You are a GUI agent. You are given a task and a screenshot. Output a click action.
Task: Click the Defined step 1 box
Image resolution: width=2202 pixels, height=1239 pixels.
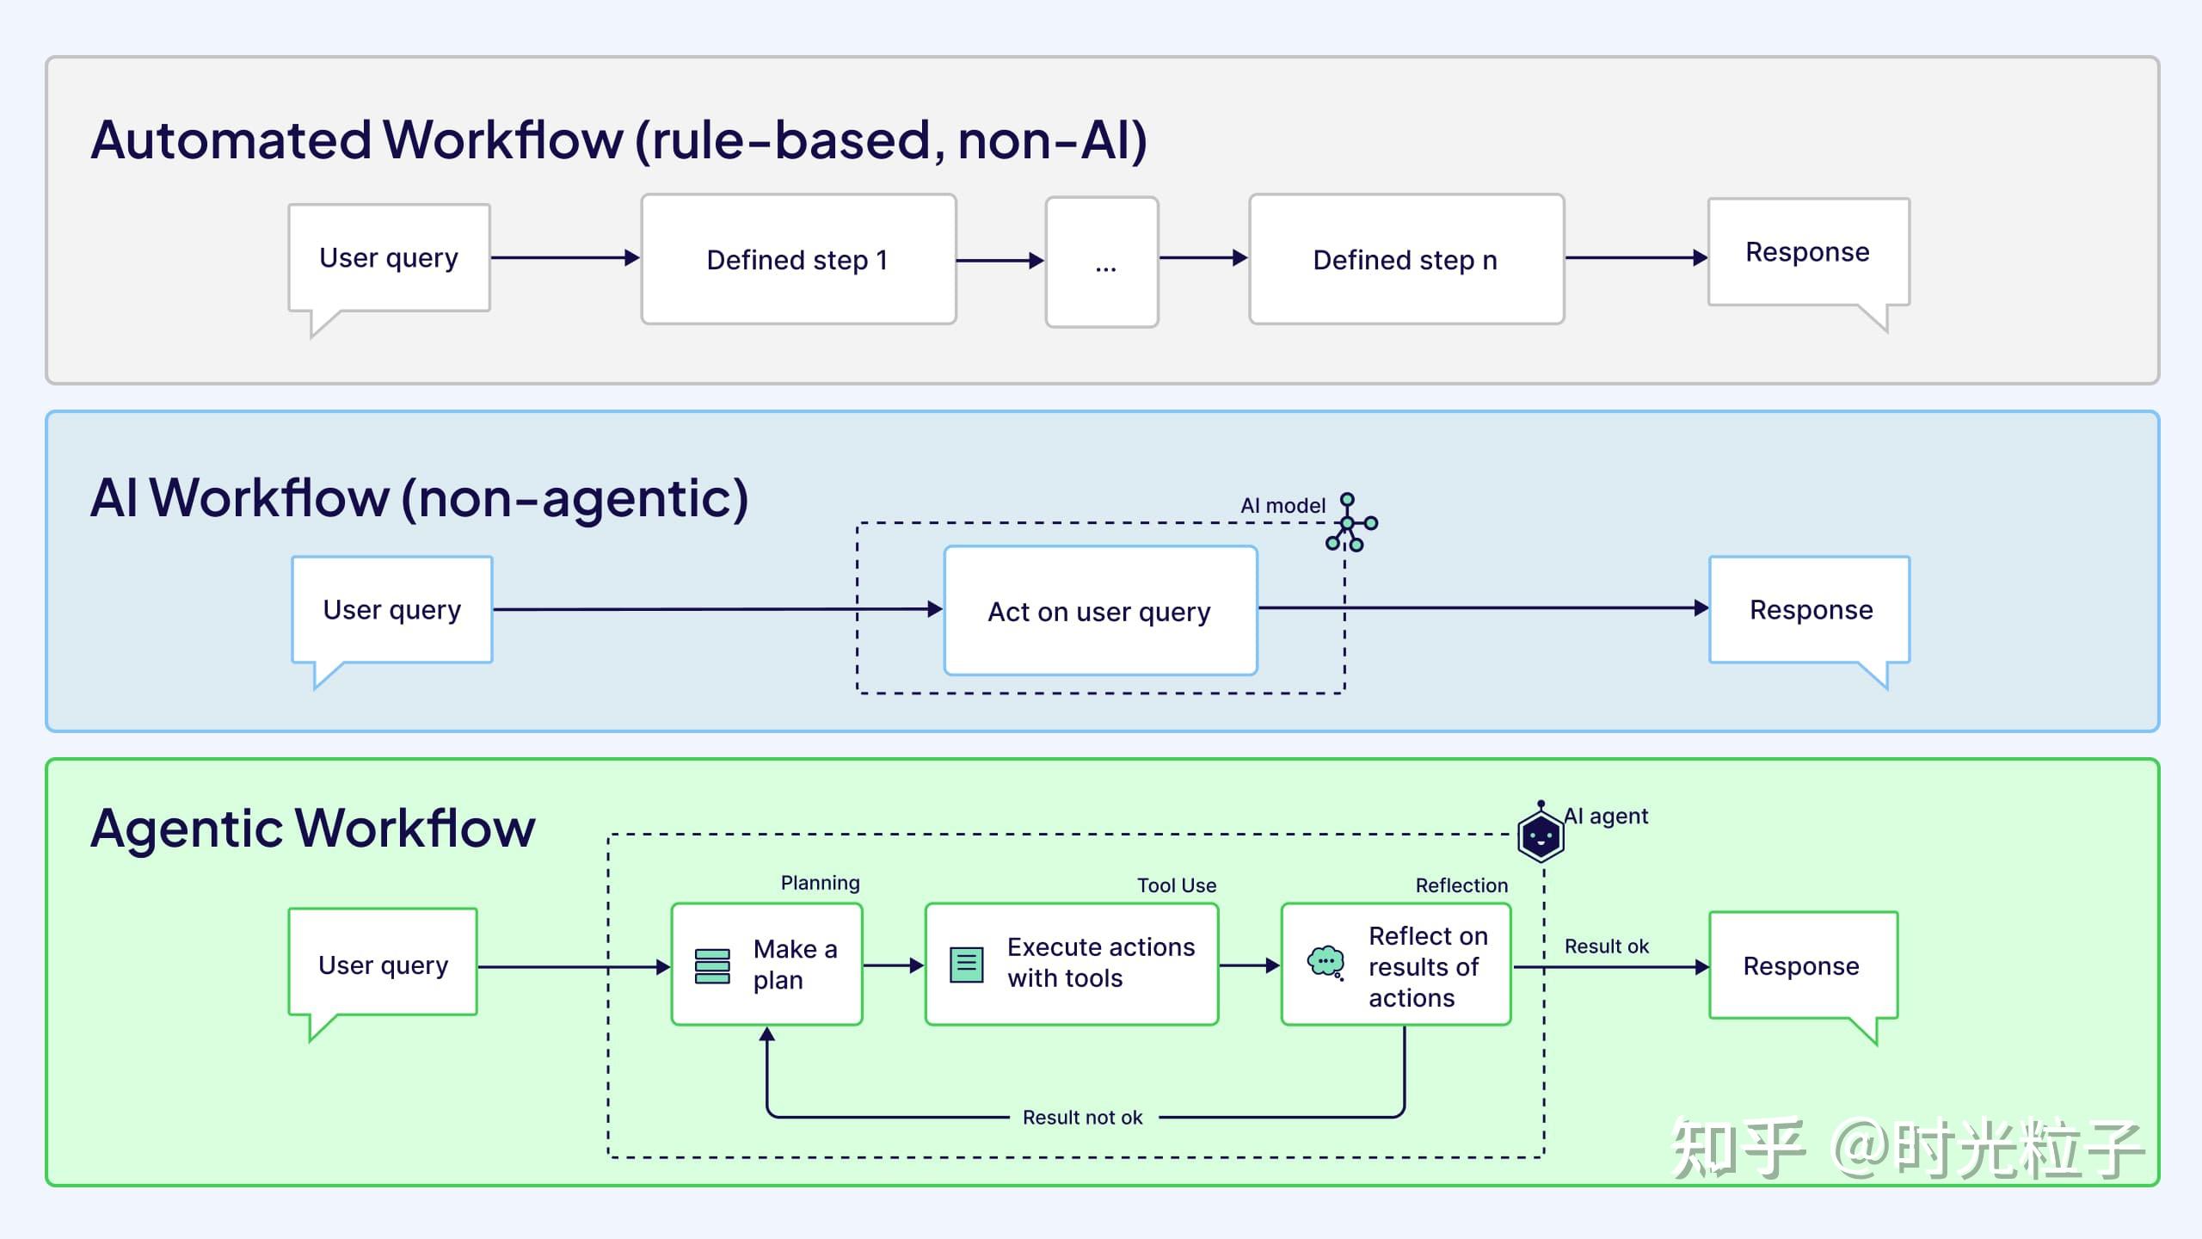pos(798,259)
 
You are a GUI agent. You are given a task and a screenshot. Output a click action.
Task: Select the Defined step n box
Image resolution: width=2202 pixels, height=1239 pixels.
pos(1405,259)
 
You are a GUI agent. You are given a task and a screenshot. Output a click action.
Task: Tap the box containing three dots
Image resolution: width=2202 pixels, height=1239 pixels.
pos(1102,262)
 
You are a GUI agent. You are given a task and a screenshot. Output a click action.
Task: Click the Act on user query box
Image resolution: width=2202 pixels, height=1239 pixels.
pos(1100,611)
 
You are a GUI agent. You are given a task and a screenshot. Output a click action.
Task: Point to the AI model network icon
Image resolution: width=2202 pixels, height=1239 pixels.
pos(1350,523)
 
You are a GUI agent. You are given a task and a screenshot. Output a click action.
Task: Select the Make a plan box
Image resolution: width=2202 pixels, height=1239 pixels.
pos(766,964)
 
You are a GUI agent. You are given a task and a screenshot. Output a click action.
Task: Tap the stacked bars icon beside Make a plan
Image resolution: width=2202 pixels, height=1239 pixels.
pos(712,966)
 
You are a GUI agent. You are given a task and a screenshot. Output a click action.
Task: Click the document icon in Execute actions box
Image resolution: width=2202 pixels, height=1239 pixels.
pos(966,965)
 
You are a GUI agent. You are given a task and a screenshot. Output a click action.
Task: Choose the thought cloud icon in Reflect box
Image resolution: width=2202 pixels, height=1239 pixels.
pos(1326,962)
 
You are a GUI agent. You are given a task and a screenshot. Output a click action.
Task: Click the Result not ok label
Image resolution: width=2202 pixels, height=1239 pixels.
pos(1082,1117)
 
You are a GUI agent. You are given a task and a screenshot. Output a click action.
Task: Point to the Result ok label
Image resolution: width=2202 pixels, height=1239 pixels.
pos(1606,946)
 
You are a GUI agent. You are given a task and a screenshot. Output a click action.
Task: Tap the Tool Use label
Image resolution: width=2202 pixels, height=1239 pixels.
pos(1176,885)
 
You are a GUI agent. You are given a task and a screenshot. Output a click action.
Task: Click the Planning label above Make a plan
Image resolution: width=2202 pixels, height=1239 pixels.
pos(820,883)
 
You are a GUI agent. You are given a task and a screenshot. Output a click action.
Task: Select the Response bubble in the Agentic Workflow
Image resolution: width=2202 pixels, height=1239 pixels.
pos(1802,965)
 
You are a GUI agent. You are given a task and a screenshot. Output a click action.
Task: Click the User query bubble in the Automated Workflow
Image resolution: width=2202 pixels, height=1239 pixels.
pos(389,257)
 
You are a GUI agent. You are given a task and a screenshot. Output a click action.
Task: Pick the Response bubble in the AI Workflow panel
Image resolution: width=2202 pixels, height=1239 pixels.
pos(1810,609)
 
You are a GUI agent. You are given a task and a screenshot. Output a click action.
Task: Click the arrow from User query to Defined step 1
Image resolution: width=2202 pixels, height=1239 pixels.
pos(564,257)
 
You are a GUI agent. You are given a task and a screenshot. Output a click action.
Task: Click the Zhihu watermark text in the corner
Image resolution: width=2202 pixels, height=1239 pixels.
pos(1904,1149)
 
